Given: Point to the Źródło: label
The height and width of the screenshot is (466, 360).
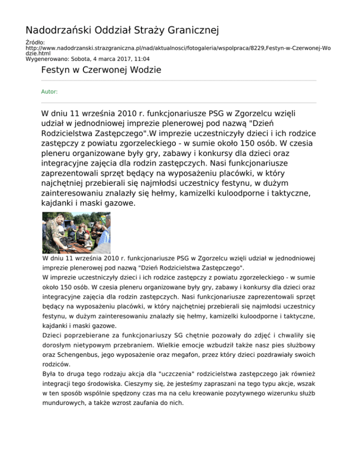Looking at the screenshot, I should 35,42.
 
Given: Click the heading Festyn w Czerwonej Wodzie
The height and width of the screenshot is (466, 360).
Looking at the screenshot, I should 101,71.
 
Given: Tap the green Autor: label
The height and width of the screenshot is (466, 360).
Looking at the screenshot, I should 49,92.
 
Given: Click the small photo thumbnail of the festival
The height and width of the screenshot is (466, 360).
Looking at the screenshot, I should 76,233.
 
